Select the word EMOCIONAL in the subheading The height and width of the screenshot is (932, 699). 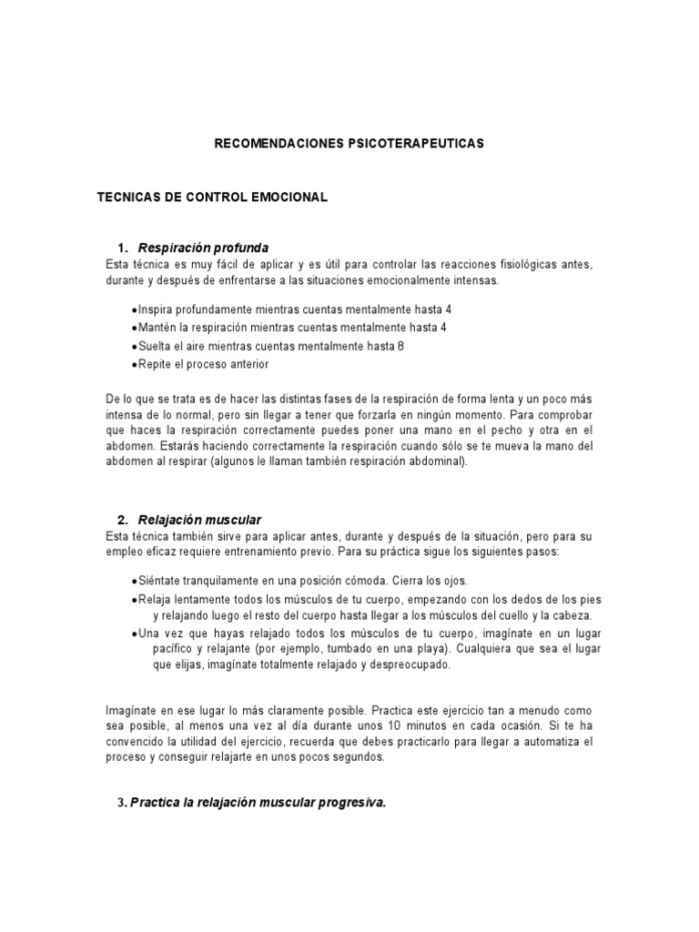click(x=282, y=197)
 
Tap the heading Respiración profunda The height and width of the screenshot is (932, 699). click(x=203, y=248)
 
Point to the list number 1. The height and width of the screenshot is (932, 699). click(x=121, y=248)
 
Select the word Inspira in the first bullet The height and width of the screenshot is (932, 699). click(x=156, y=309)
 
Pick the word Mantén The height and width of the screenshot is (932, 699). click(x=157, y=328)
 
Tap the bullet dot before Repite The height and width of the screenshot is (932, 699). click(x=134, y=364)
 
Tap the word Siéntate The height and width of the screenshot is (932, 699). click(x=161, y=581)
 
